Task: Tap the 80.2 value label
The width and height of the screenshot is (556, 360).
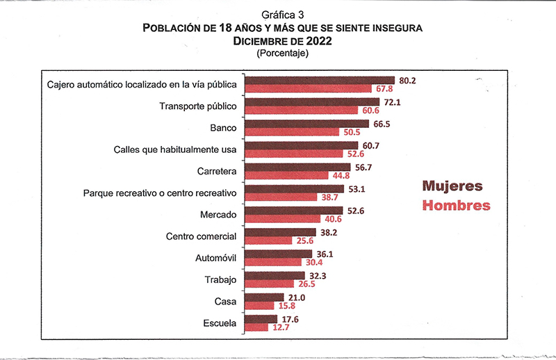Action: click(x=406, y=80)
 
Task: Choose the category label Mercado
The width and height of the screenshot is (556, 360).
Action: click(x=218, y=215)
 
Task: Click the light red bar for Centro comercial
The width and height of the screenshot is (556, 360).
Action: click(x=269, y=240)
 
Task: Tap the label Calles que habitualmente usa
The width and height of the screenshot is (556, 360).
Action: click(x=175, y=149)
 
